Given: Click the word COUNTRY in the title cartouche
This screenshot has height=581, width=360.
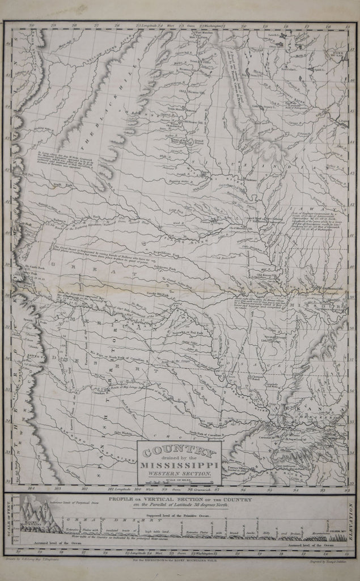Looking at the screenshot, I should [179, 452].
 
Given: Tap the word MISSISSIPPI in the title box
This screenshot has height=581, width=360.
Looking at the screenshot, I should [179, 466].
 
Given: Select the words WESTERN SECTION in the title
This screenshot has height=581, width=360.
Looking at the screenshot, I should [179, 474].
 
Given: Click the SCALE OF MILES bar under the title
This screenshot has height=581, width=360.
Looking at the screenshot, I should [179, 481].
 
